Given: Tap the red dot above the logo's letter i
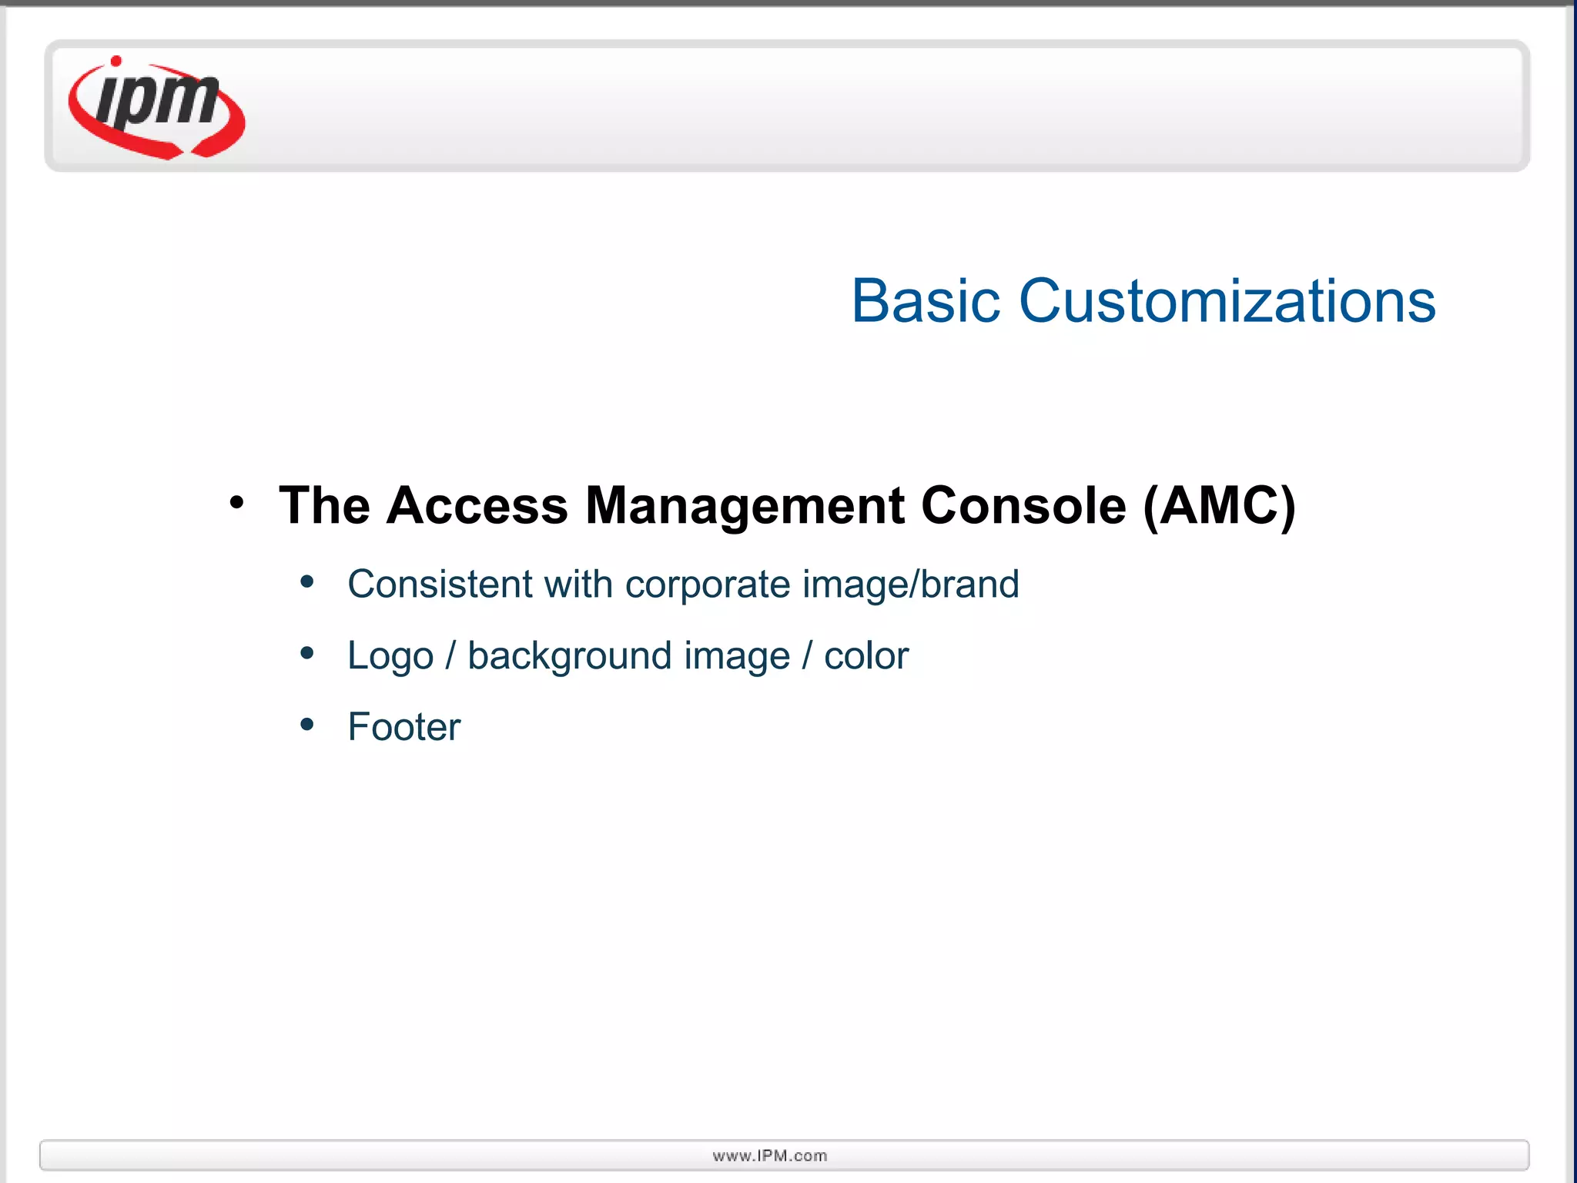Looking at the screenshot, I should coord(116,61).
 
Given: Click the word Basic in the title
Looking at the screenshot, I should coord(925,301).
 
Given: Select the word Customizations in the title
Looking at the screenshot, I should coord(1227,301).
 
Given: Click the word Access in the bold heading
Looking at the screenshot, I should coord(477,506).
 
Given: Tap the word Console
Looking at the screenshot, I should coord(1023,506).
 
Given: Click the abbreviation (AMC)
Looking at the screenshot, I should coord(1219,506).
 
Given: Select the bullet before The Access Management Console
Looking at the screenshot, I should coord(236,503).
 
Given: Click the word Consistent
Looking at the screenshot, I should coord(440,584).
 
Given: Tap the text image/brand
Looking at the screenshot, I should coord(911,584).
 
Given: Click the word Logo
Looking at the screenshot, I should coord(390,656).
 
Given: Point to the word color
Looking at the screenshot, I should coord(866,656).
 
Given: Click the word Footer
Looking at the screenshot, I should coord(403,727).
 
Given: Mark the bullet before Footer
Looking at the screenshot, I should coord(307,724).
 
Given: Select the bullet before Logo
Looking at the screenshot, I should coord(307,653).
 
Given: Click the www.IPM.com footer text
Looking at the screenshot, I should coord(770,1155).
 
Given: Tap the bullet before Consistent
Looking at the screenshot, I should coord(307,581).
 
